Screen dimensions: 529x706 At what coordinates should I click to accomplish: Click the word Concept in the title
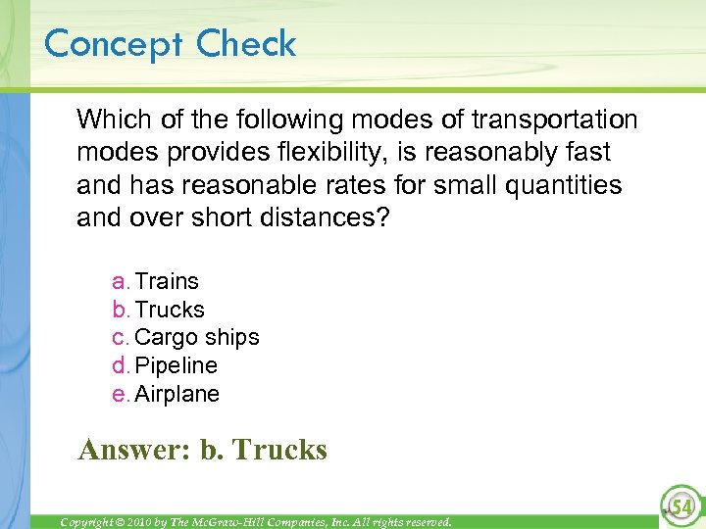115,44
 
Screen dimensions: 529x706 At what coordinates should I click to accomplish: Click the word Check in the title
245,44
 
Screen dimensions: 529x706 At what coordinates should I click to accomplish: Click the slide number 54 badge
679,505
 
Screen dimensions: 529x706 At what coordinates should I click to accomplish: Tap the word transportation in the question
554,120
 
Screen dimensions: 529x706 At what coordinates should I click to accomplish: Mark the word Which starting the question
107,120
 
